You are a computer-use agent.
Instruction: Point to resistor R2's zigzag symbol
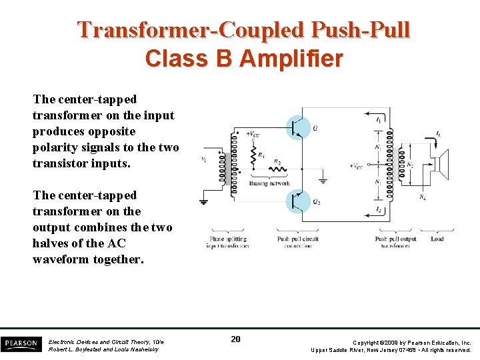coord(278,169)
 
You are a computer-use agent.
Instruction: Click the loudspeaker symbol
coord(444,163)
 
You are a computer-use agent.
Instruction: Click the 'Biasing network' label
coord(269,183)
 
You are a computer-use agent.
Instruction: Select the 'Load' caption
coord(437,239)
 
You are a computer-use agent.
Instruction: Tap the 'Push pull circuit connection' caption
coord(297,242)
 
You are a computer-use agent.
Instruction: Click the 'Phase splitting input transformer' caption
coord(228,242)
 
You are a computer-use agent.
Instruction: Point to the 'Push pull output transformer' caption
coord(396,242)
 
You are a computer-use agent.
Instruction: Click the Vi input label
coord(203,159)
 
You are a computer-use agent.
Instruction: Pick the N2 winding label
coord(411,164)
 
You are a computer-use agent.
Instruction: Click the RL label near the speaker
coord(423,197)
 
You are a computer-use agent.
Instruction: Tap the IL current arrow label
coord(438,134)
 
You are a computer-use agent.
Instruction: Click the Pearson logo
coord(21,343)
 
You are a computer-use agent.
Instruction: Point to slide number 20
coord(235,339)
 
